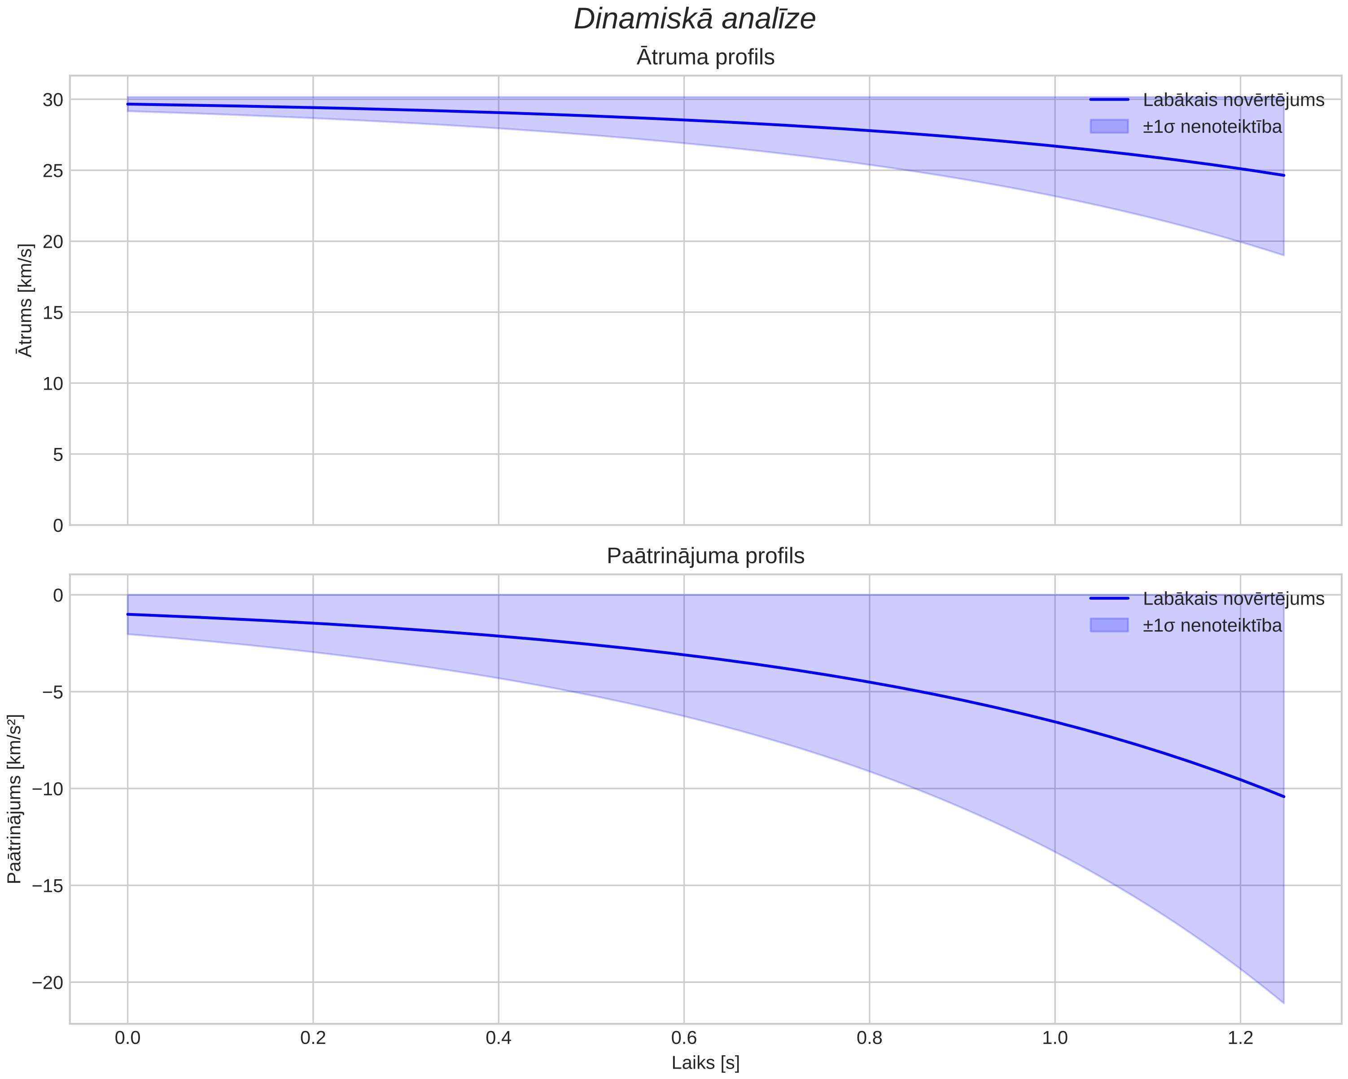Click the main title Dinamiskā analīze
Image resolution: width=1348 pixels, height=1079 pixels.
tap(695, 19)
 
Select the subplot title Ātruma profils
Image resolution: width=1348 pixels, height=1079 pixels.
tap(705, 57)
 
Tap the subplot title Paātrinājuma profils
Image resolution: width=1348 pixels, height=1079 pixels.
tap(705, 556)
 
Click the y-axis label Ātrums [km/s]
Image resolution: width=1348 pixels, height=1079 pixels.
tap(26, 300)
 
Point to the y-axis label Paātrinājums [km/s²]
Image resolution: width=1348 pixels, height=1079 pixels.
tap(15, 799)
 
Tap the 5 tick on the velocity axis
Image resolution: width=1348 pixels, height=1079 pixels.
tap(58, 454)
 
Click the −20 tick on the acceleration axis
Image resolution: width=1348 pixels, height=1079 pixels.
tap(48, 983)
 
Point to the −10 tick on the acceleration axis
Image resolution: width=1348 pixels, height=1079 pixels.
tap(48, 789)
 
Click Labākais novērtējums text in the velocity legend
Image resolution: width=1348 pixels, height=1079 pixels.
tap(1234, 100)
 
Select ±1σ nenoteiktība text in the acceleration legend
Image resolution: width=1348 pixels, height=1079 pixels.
tap(1212, 626)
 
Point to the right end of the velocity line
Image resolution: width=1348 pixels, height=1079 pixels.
tap(1283, 175)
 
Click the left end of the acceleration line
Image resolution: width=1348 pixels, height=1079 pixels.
tap(127, 614)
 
